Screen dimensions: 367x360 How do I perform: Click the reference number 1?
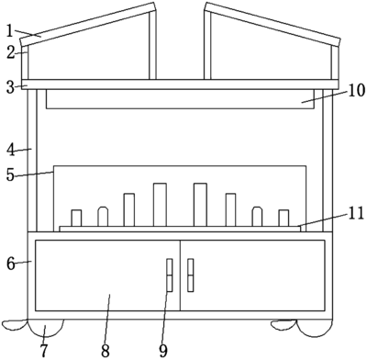(x=9, y=31)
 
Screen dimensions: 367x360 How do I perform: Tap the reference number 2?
(x=11, y=53)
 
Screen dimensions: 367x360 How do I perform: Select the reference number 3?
(x=11, y=87)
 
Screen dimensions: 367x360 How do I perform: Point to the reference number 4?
(x=11, y=151)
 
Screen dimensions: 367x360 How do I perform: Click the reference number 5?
(x=11, y=175)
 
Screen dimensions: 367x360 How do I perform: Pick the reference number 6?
(x=11, y=264)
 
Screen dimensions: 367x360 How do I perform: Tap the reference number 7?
(x=44, y=351)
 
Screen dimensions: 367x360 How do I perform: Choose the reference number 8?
(x=106, y=351)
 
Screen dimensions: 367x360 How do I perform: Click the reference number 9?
(x=163, y=351)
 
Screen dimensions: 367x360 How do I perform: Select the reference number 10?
(x=356, y=90)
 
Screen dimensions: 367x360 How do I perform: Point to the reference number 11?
(x=356, y=213)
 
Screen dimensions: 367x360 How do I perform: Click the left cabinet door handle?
(x=170, y=275)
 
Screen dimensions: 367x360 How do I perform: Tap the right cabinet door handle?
(x=191, y=275)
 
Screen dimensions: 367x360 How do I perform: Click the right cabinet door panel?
(x=252, y=276)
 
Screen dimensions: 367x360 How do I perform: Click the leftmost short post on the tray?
(x=76, y=218)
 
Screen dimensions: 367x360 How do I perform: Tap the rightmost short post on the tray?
(x=284, y=218)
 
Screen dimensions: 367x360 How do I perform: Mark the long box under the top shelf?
(x=180, y=99)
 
